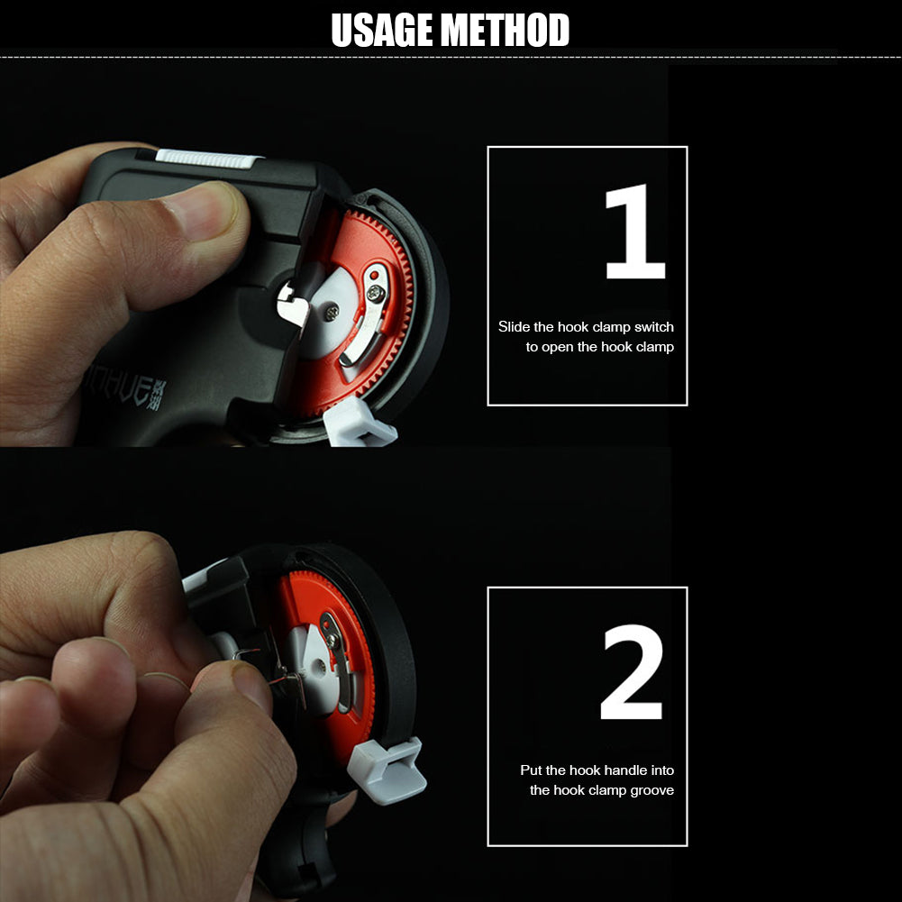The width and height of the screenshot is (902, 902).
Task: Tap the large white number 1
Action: coord(634,232)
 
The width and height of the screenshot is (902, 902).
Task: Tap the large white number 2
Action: coord(633,673)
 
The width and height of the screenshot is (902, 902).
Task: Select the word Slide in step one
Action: coord(514,327)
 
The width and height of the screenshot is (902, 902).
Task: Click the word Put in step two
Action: coord(531,770)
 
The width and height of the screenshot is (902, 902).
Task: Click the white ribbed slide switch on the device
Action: coord(208,158)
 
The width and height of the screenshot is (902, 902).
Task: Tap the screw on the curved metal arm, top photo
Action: coord(373,292)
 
